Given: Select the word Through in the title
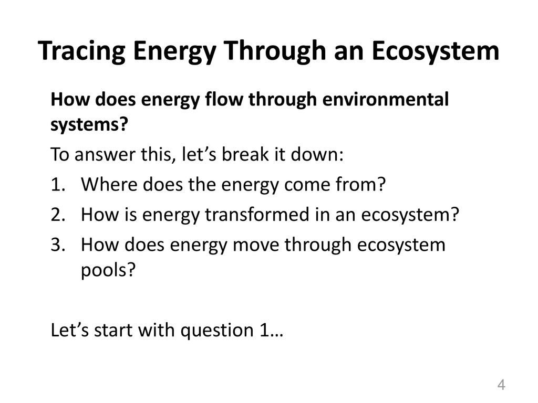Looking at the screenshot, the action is point(275,51).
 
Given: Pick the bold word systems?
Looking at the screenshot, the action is point(89,124).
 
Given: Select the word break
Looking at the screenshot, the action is point(245,154).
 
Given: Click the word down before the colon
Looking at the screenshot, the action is point(317,154).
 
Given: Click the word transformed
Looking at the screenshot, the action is point(257,215).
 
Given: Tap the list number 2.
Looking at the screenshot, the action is point(58,215).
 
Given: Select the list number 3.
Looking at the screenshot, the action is point(58,245).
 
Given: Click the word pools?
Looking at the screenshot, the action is point(108,271).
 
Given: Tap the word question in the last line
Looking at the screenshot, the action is point(217,331).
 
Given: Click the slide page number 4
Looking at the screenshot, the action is point(501,385).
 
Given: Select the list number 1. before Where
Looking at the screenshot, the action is point(58,185).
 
